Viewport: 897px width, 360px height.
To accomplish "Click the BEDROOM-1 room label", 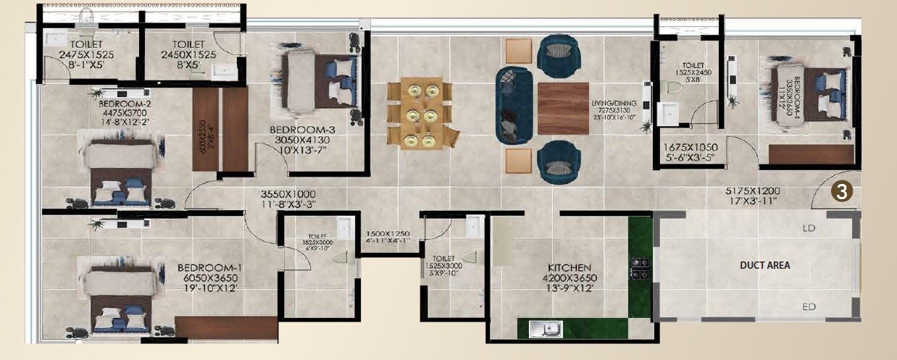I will pos(209,267).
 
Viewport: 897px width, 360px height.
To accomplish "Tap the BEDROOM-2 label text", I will pos(125,104).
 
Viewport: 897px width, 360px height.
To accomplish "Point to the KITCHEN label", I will pos(570,267).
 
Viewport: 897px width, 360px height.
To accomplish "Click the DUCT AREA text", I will pos(765,265).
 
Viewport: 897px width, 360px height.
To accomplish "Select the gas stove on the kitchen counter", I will pos(639,268).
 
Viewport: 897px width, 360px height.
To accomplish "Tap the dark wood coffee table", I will pos(563,108).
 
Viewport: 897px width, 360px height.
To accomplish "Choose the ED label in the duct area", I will pos(809,307).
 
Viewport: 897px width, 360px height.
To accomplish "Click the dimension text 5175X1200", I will pos(758,191).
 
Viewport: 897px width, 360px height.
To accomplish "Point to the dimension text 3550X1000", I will pos(289,194).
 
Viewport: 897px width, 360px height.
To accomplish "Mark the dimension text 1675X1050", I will pos(689,147).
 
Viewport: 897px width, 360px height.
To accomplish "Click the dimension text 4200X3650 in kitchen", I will pos(570,277).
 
